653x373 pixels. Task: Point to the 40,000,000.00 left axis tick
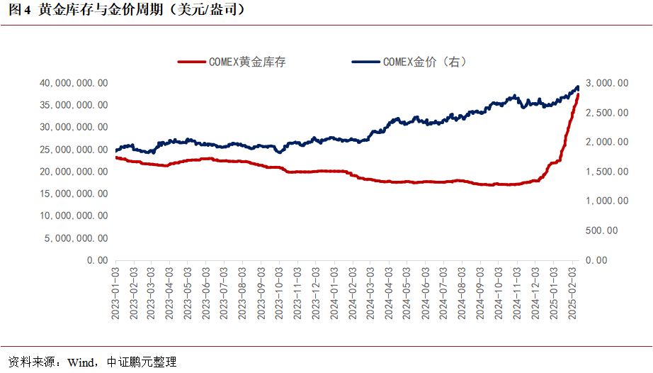[74, 83]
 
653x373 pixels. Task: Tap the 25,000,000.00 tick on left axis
[74, 150]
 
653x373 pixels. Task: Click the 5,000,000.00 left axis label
[76, 238]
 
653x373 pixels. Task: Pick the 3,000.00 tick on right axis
[607, 83]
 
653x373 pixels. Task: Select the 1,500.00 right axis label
[607, 172]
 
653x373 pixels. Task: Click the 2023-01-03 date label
[115, 293]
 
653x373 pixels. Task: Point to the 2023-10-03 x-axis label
[280, 293]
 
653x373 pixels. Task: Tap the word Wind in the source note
[80, 362]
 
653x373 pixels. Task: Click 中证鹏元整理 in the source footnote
[141, 362]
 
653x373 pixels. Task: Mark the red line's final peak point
[578, 94]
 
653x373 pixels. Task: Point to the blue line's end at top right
[578, 87]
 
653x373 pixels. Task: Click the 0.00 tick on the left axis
[97, 260]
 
